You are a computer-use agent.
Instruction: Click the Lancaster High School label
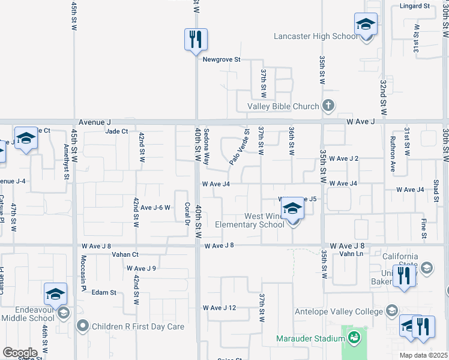tap(315, 37)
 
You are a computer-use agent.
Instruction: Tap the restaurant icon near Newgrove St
tap(196, 40)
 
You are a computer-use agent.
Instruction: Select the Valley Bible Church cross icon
tap(328, 106)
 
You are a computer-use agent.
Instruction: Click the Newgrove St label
tap(221, 60)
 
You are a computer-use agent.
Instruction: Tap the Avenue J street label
tap(91, 122)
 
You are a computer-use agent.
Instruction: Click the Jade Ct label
tap(116, 131)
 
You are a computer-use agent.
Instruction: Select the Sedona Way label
tap(206, 147)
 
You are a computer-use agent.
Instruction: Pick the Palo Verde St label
tap(239, 147)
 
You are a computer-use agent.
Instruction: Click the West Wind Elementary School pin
tap(292, 209)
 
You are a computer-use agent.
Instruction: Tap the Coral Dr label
tap(187, 214)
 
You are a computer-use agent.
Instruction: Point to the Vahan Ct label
tap(125, 254)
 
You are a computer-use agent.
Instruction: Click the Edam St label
tap(104, 292)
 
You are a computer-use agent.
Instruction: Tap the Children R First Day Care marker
tap(83, 326)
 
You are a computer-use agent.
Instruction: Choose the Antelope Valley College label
tap(339, 311)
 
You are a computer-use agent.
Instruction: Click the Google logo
tap(19, 352)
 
